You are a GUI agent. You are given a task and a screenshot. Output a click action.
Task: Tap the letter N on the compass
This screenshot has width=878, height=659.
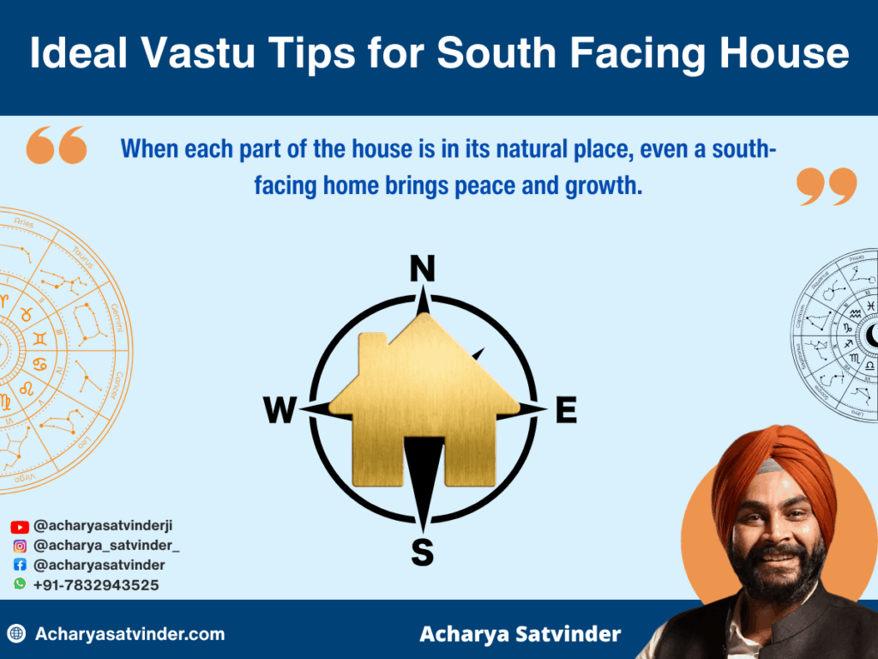pyautogui.click(x=422, y=269)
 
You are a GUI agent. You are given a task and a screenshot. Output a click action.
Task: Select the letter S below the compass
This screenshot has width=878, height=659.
pyautogui.click(x=422, y=553)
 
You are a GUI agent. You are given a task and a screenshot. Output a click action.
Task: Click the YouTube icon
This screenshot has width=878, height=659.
pyautogui.click(x=20, y=527)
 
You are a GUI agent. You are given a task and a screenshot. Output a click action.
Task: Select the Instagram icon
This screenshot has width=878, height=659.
pyautogui.click(x=20, y=546)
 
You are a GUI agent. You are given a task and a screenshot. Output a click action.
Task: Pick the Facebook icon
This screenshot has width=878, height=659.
pyautogui.click(x=20, y=565)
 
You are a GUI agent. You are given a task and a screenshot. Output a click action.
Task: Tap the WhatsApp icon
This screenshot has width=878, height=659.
pyautogui.click(x=20, y=583)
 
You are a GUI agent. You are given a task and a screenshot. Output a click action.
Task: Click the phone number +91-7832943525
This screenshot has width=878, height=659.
pyautogui.click(x=96, y=584)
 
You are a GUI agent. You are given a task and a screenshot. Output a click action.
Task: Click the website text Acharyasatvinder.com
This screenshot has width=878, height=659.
pyautogui.click(x=129, y=635)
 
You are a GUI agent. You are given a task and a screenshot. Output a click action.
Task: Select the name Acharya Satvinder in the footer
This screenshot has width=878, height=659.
pyautogui.click(x=520, y=635)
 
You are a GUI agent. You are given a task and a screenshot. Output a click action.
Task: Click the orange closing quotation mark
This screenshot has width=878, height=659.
pyautogui.click(x=827, y=185)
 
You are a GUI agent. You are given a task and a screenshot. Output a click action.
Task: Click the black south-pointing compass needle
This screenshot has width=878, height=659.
pyautogui.click(x=423, y=481)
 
